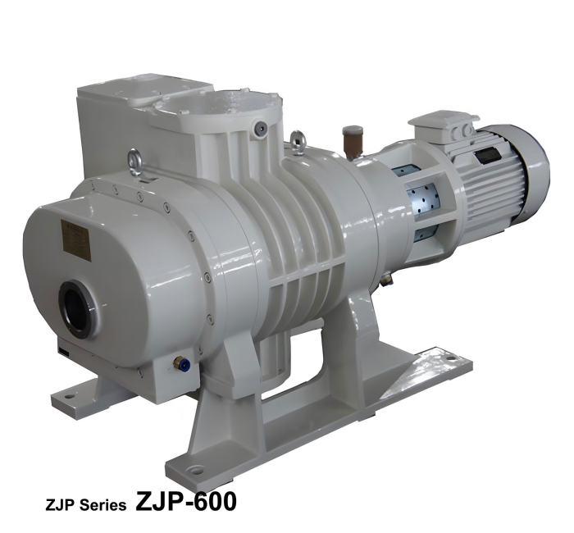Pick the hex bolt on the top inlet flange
[x=260, y=128]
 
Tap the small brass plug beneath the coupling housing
[x=387, y=280]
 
